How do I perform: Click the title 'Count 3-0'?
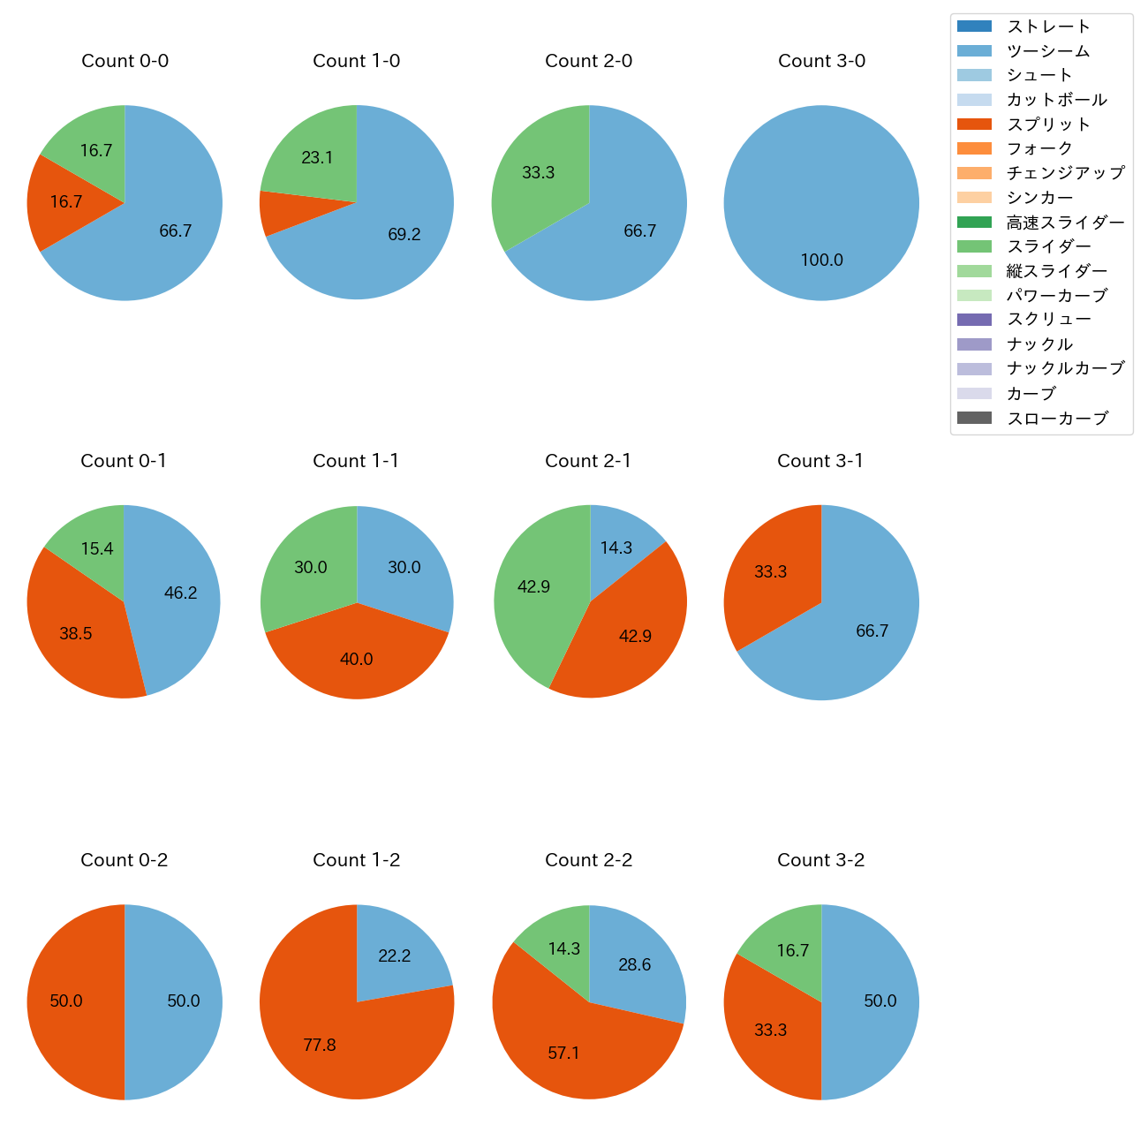821,61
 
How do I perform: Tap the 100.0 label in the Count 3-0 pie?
821,260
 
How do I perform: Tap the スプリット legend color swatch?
974,125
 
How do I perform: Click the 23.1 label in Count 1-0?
317,158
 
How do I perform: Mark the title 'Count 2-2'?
589,860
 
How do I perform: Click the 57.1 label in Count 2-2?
563,1053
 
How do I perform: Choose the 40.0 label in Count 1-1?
357,659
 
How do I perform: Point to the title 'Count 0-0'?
125,61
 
